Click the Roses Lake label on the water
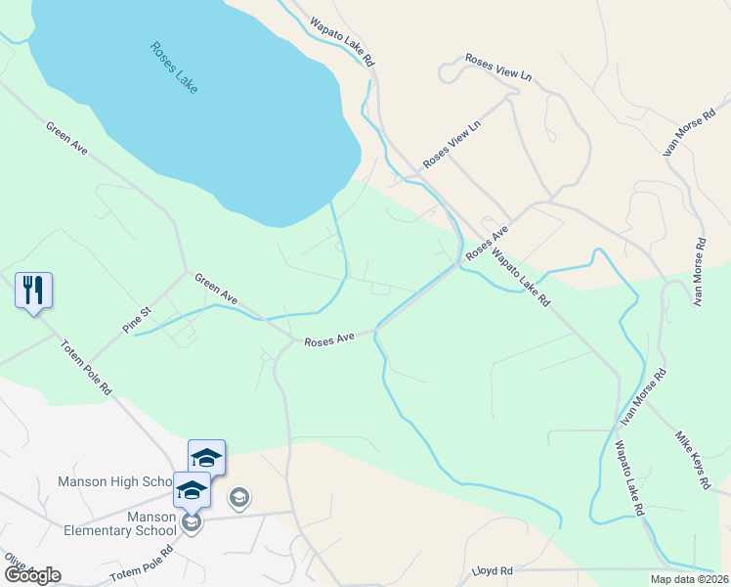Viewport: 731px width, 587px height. (x=175, y=68)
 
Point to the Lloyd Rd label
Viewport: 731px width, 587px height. (x=493, y=569)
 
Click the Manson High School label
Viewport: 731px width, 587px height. (x=115, y=481)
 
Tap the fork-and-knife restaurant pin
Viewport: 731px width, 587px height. (x=33, y=290)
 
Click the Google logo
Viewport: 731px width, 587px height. (x=32, y=574)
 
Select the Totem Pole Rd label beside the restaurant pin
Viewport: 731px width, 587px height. (x=86, y=367)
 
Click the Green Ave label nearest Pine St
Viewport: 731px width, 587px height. (x=216, y=288)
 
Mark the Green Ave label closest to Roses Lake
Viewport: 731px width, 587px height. (x=66, y=138)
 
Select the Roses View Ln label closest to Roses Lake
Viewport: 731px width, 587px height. (x=452, y=144)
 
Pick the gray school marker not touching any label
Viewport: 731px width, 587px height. (x=238, y=499)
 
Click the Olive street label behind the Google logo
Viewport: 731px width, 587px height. (x=14, y=563)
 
